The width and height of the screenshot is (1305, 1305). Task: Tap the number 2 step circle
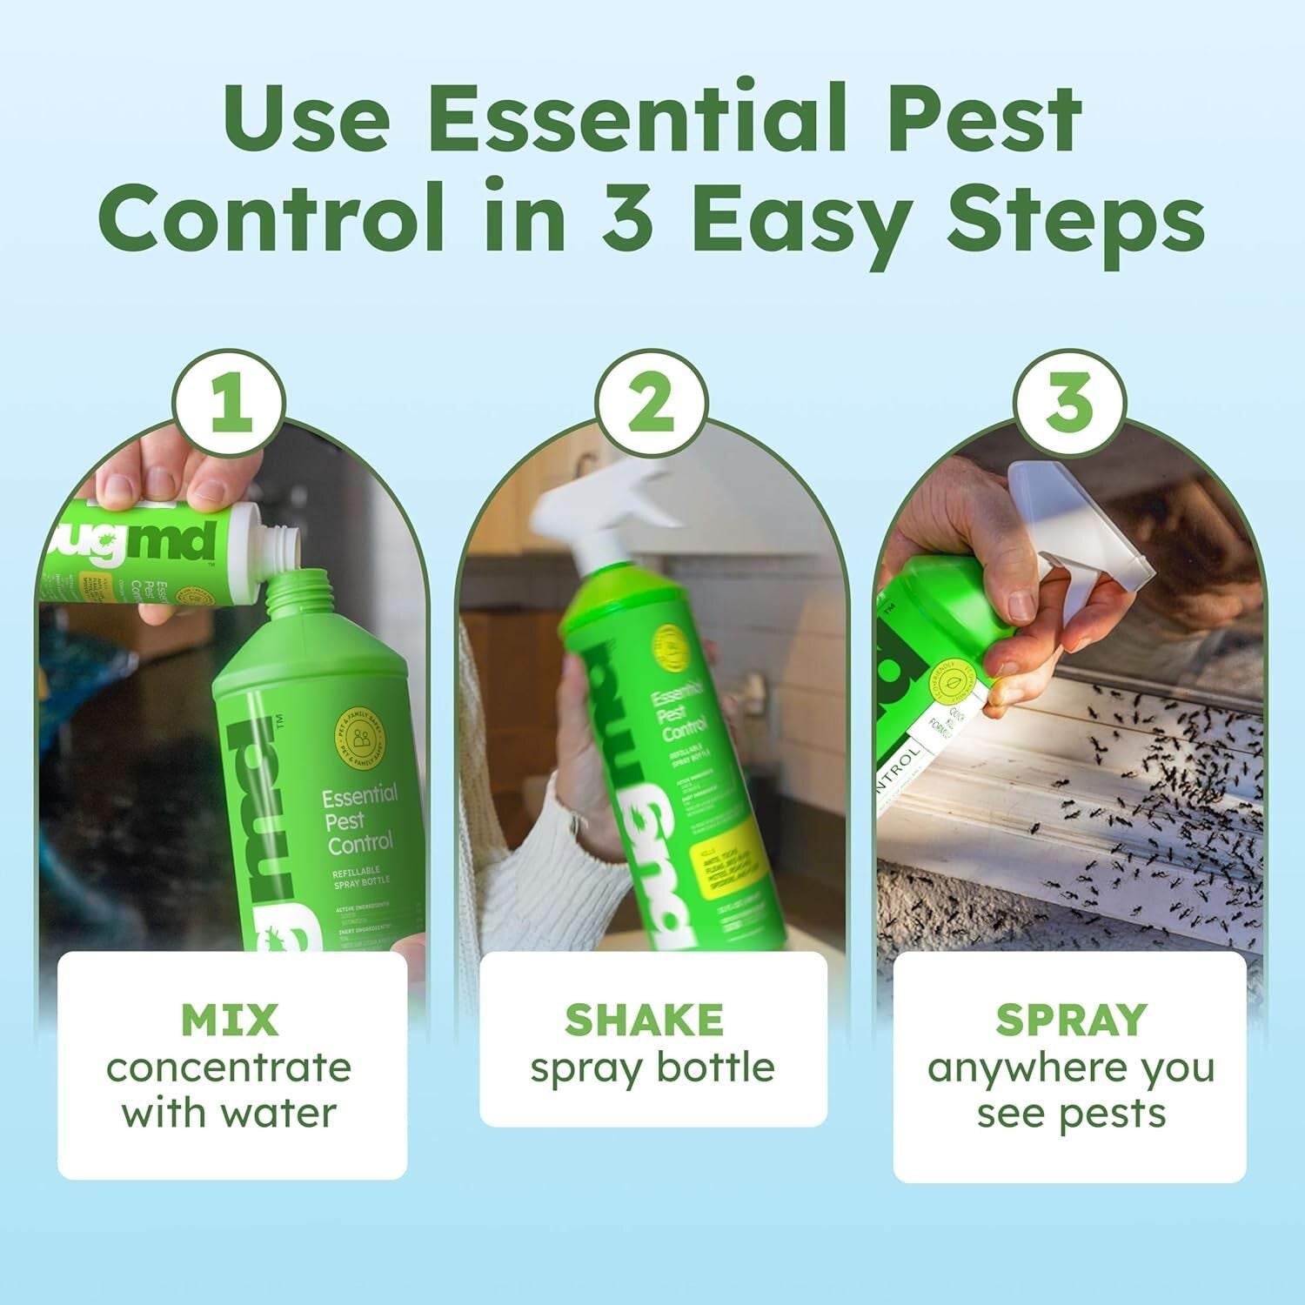(651, 405)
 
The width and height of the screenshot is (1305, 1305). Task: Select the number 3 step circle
(1069, 405)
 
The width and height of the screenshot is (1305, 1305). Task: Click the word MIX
(230, 1020)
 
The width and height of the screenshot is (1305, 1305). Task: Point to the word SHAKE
(644, 1020)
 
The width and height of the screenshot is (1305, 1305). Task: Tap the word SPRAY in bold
(1071, 1020)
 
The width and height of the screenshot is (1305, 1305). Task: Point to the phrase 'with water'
(229, 1114)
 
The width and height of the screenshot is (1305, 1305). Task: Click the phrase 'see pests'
(1071, 1114)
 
